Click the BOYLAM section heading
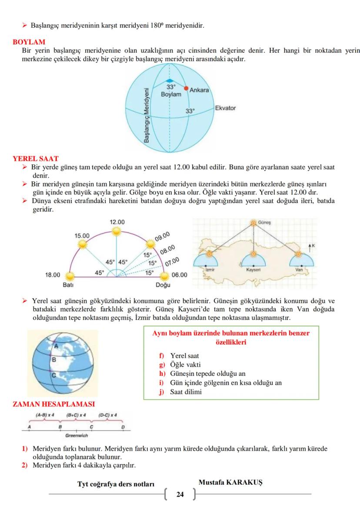click(x=29, y=42)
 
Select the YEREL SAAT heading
click(x=36, y=159)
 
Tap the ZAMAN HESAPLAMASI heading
click(x=54, y=404)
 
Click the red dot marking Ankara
click(x=186, y=88)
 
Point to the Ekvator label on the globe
click(x=225, y=108)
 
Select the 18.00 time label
click(x=53, y=275)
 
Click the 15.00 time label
click(x=82, y=235)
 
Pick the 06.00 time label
click(x=179, y=275)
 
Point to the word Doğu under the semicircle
click(x=163, y=285)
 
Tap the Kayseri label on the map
click(x=253, y=270)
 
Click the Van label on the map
click(x=299, y=270)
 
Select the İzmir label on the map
click(x=210, y=270)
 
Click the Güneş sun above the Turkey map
click(x=253, y=223)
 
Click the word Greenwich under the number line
click(x=77, y=435)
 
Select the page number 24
click(x=180, y=494)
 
